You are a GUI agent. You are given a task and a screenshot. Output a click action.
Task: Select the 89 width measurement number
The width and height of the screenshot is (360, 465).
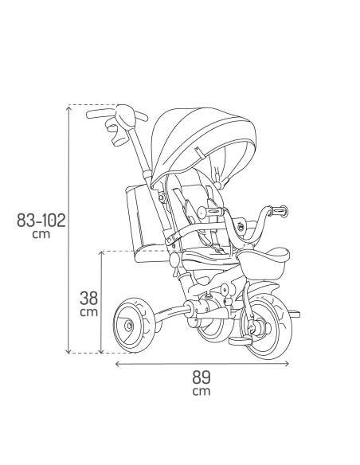pyautogui.click(x=202, y=377)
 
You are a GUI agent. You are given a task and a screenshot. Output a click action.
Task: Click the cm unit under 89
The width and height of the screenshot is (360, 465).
pyautogui.click(x=202, y=392)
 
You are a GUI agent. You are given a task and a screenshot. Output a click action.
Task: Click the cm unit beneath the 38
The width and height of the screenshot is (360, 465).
pyautogui.click(x=90, y=313)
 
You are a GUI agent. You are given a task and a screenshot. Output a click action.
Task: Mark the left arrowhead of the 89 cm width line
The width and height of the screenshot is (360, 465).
pyautogui.click(x=119, y=364)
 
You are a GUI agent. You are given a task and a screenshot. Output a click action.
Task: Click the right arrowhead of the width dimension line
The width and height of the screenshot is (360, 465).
pyautogui.click(x=285, y=364)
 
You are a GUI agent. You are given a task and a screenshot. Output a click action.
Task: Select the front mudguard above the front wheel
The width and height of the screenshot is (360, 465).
pyautogui.click(x=259, y=285)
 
